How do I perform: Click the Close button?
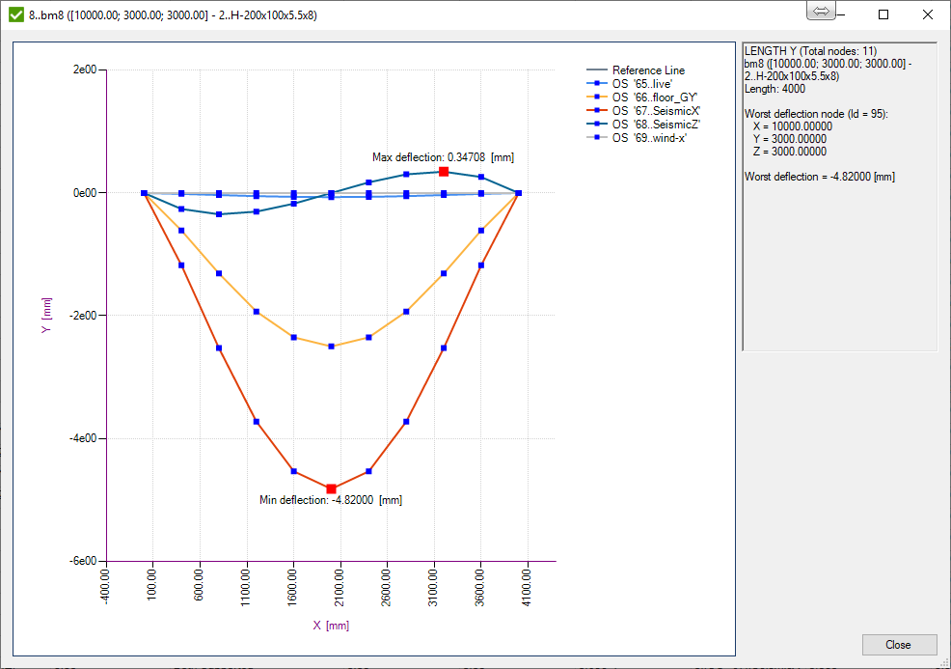tap(898, 645)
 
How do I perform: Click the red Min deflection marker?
tap(332, 488)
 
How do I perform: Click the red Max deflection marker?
tap(444, 171)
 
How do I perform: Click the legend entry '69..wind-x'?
tap(648, 138)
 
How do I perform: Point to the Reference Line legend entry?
tap(648, 70)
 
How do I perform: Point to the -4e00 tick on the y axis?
tap(85, 438)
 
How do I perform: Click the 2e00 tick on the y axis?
tap(87, 70)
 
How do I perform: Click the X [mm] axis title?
tap(331, 626)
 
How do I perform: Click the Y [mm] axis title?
tap(45, 316)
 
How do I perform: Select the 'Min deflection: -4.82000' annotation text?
tap(331, 500)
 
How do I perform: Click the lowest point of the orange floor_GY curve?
tap(332, 346)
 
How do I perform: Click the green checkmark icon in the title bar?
tap(14, 14)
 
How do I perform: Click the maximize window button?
tap(883, 14)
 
